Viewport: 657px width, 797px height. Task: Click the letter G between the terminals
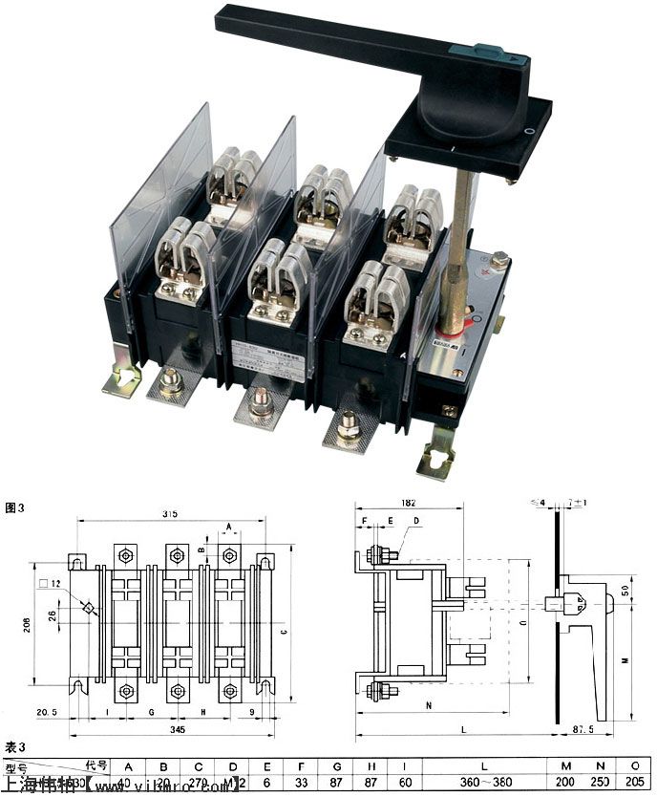(x=152, y=712)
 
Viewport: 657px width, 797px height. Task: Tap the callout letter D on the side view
(x=415, y=521)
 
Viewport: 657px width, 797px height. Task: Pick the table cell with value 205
(x=634, y=784)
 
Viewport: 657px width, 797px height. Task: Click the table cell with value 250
(x=599, y=784)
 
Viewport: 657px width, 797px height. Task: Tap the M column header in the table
(x=565, y=765)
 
